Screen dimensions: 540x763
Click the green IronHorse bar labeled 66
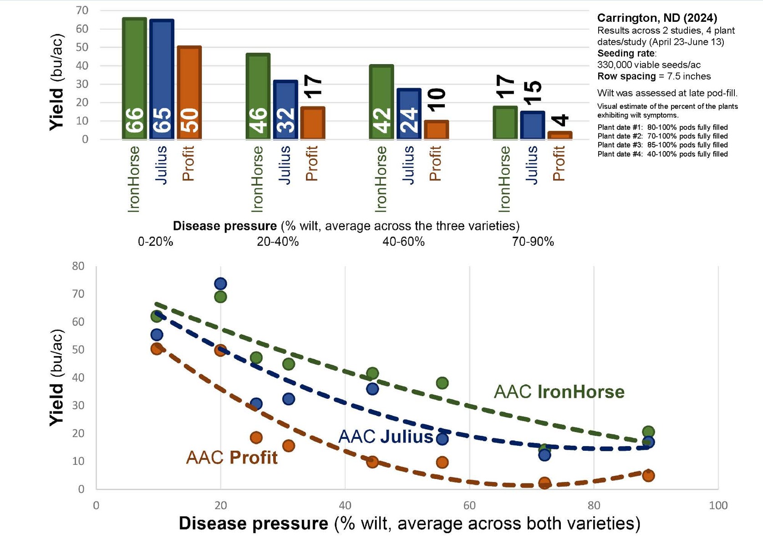click(x=134, y=78)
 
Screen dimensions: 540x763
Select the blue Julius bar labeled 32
click(x=285, y=110)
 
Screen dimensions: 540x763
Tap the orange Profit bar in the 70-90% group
click(x=560, y=135)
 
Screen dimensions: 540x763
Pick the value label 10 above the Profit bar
click(x=437, y=100)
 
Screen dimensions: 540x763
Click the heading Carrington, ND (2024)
click(x=657, y=18)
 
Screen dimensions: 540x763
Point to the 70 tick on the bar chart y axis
click(x=82, y=10)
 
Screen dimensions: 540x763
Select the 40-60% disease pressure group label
click(x=403, y=242)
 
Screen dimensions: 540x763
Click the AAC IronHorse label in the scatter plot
click(x=559, y=392)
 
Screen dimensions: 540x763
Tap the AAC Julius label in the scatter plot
click(x=385, y=437)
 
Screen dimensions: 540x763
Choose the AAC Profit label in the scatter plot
click(x=232, y=458)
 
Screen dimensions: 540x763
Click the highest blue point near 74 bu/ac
click(x=220, y=284)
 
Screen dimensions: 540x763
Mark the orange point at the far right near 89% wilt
click(x=648, y=476)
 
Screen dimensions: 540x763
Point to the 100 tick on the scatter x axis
click(x=718, y=505)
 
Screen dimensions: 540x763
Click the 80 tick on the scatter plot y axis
click(x=78, y=266)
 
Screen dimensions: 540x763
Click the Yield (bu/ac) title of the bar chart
click(x=56, y=82)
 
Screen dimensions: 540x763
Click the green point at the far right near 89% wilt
click(x=648, y=432)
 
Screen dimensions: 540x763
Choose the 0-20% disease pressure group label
click(x=155, y=242)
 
